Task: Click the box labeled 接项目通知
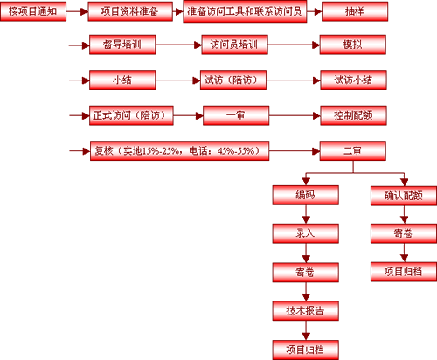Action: [33, 11]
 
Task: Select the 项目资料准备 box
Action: [130, 11]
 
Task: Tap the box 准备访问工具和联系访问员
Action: [245, 11]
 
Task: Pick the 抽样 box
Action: [355, 11]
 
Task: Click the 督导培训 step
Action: [122, 45]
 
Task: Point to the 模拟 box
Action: [353, 45]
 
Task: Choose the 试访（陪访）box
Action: [233, 80]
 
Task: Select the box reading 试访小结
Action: [353, 80]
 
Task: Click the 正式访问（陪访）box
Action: [131, 115]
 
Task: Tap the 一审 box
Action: [236, 115]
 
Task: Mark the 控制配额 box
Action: [353, 115]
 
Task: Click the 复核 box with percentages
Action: [179, 151]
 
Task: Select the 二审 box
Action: [353, 151]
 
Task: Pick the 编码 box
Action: [306, 195]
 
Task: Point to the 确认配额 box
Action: [404, 196]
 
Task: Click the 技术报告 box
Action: [306, 311]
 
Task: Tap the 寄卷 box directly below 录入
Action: [306, 273]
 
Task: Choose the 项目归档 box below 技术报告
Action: [306, 350]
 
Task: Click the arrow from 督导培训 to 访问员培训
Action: [178, 45]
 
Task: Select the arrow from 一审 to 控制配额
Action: [295, 115]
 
